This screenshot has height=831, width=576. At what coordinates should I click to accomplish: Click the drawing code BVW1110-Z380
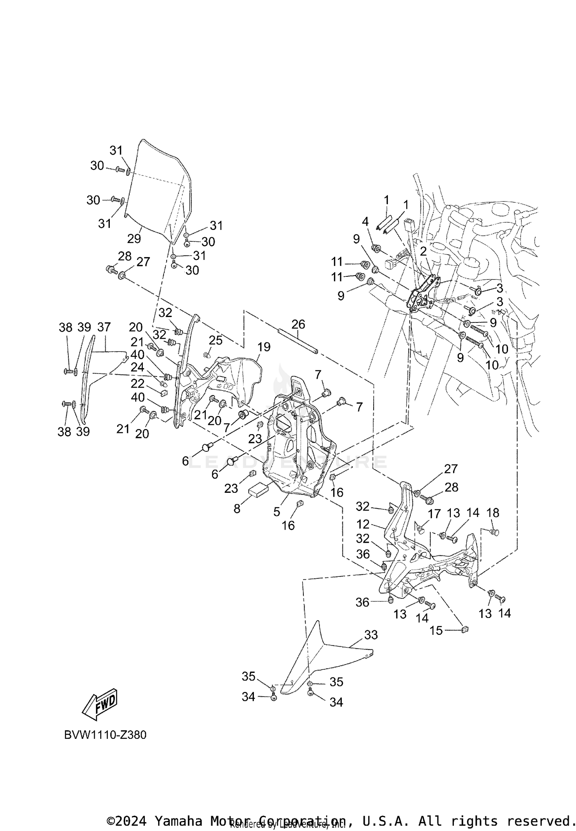point(105,735)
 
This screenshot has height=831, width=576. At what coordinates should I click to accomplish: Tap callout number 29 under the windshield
point(134,239)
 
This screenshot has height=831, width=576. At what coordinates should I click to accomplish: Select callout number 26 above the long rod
point(298,324)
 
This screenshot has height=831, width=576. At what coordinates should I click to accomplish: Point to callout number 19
point(264,347)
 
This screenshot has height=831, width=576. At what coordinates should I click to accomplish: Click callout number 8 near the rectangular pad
point(237,509)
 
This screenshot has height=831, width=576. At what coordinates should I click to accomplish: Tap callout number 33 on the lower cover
point(371,635)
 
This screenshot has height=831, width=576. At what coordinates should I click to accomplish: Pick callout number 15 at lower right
point(436,630)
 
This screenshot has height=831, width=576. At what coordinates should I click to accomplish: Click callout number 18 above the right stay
point(493,512)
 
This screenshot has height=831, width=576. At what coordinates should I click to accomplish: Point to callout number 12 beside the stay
point(363,524)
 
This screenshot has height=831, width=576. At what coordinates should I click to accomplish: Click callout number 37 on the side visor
point(104,327)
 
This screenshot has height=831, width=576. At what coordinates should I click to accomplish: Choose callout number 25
point(215,340)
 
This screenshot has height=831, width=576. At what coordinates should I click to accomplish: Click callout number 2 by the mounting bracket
point(423,251)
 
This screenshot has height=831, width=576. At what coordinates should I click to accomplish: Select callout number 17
point(434,514)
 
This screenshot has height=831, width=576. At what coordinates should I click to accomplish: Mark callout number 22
point(137,383)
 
